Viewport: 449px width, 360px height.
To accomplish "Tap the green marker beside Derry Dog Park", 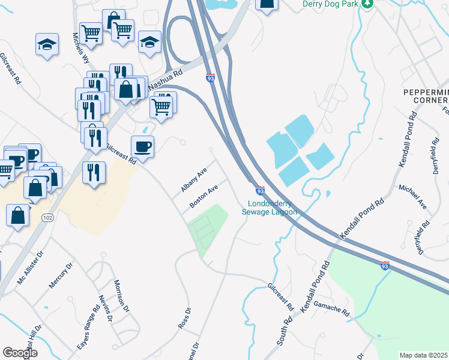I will [x=367, y=4].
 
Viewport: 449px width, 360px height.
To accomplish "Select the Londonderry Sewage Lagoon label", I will [x=270, y=207].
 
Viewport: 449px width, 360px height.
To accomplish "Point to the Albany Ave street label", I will [x=194, y=180].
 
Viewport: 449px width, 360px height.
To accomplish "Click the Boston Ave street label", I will [x=203, y=197].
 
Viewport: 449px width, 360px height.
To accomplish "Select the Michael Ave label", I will [x=412, y=197].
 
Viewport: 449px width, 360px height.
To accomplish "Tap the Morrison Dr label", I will [x=122, y=297].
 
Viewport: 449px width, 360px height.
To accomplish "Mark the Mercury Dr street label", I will [x=61, y=275].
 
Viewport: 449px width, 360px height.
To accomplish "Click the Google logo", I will [x=20, y=353].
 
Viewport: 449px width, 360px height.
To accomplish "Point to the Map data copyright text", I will [x=424, y=355].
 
